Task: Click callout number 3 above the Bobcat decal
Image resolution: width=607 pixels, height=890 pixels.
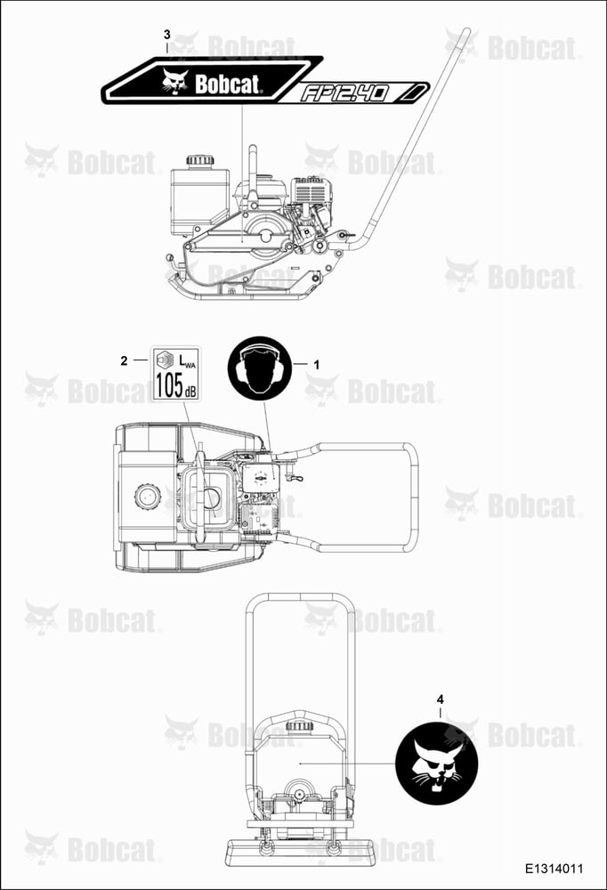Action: (167, 35)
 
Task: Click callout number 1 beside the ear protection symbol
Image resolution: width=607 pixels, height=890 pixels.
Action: (317, 365)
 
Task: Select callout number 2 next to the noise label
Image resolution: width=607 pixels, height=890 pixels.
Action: (124, 360)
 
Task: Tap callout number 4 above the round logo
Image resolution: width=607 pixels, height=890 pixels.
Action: (440, 700)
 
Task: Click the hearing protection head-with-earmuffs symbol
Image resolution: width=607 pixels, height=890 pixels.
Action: (258, 367)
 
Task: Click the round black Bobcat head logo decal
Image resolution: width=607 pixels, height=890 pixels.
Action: (437, 764)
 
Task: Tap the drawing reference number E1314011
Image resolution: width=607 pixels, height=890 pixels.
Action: (554, 869)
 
